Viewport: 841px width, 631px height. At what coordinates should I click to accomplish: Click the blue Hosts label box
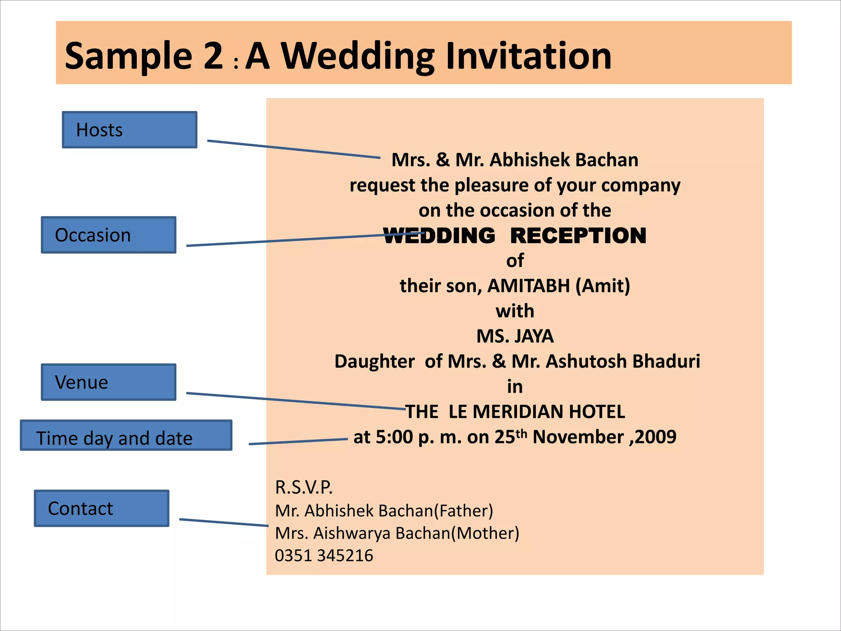[129, 130]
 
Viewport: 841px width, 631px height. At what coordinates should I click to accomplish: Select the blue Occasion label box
[108, 235]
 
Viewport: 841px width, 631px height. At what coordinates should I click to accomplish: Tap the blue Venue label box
[108, 382]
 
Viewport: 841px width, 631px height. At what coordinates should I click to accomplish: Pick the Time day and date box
[126, 435]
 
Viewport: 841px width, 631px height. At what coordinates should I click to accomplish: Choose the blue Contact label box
[101, 508]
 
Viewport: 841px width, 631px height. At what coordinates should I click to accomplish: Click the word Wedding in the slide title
[357, 56]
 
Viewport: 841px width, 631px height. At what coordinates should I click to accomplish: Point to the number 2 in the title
[213, 56]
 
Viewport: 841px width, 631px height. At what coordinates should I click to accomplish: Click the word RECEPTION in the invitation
[578, 236]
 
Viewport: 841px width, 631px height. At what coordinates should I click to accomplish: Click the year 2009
[655, 437]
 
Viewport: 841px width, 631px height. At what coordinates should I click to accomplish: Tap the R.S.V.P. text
[303, 488]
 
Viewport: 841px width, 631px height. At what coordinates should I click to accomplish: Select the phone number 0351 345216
[324, 556]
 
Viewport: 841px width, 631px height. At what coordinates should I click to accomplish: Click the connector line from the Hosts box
[294, 149]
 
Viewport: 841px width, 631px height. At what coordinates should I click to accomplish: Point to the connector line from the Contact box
[224, 523]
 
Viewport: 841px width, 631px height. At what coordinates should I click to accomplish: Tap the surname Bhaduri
[666, 362]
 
